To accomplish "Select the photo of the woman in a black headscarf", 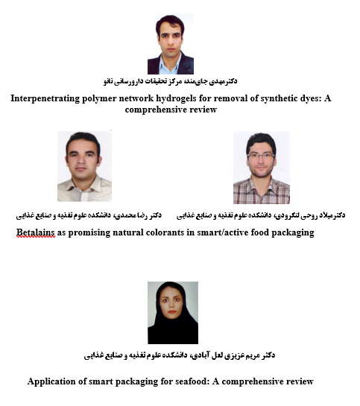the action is [173, 312].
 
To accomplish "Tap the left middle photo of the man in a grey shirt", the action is [84, 167].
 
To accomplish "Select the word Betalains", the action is [36, 232].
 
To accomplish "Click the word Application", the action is [54, 381].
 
